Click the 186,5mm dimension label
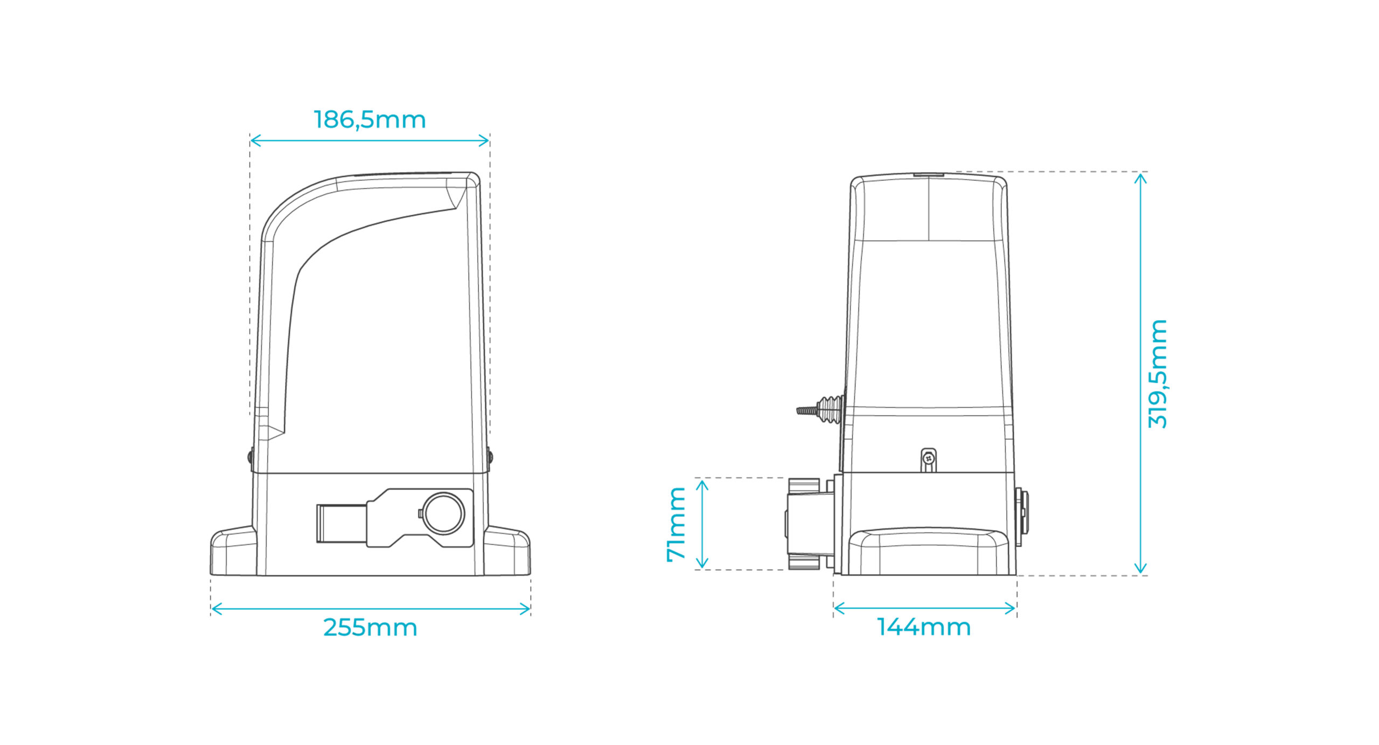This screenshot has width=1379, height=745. [x=370, y=120]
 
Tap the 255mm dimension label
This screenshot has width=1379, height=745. [x=370, y=628]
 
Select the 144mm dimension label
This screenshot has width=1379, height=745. [x=924, y=627]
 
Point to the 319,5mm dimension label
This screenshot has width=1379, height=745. [x=1157, y=374]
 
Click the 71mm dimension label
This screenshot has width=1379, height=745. [x=676, y=524]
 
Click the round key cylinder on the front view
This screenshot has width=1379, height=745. [x=443, y=513]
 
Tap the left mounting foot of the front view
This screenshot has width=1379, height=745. [x=233, y=551]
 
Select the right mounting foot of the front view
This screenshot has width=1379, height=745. [x=507, y=551]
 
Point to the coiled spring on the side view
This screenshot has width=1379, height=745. [x=830, y=409]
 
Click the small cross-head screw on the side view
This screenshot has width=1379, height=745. [x=928, y=459]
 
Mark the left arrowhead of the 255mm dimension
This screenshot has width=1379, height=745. [x=216, y=609]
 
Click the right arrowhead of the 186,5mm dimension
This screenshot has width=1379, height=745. [x=484, y=141]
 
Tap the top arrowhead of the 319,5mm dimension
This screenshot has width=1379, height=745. [x=1140, y=177]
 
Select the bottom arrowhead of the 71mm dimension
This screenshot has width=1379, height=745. [x=701, y=563]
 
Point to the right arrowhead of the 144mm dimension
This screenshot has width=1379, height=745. [x=1011, y=609]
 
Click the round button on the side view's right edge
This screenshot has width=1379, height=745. [x=1022, y=517]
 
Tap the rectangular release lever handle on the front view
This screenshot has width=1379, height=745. [x=342, y=523]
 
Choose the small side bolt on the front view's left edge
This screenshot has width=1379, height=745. [x=250, y=457]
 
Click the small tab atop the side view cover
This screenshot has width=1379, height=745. [x=929, y=174]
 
